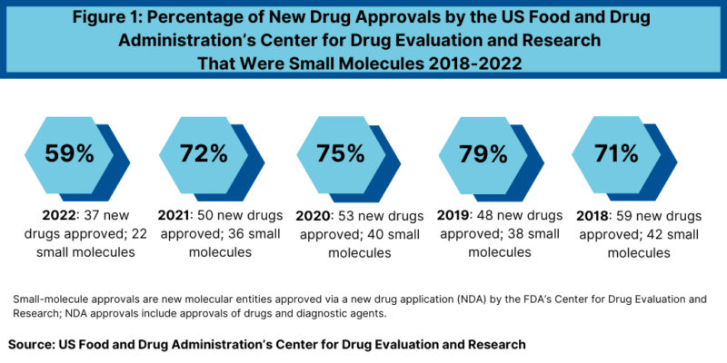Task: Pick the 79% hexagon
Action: click(x=483, y=153)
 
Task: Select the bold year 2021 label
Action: click(x=176, y=217)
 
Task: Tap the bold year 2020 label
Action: click(x=314, y=217)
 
